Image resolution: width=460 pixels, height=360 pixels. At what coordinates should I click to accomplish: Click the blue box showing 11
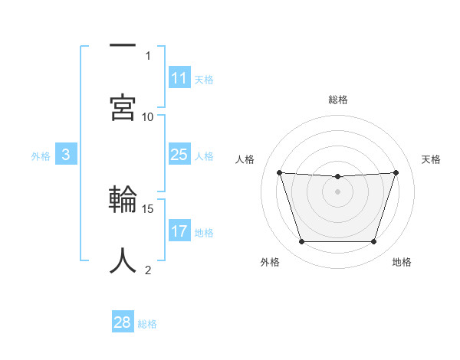click(x=179, y=78)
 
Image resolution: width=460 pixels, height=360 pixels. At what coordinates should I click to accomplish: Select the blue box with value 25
click(x=179, y=155)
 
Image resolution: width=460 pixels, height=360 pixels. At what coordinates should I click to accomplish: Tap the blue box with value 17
click(x=179, y=231)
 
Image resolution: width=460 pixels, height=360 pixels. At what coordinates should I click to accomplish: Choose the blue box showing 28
click(x=123, y=322)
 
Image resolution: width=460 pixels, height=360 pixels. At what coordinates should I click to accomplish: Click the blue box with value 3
click(x=66, y=155)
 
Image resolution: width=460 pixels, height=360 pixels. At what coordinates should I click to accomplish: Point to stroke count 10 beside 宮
click(x=148, y=116)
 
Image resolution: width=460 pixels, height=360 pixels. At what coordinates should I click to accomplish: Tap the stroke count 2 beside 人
click(x=148, y=270)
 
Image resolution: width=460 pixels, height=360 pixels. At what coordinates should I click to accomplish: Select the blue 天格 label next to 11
click(x=204, y=79)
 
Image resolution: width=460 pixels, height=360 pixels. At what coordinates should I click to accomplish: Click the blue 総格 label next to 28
click(x=147, y=324)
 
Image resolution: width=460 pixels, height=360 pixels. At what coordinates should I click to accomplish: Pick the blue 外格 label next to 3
click(x=41, y=156)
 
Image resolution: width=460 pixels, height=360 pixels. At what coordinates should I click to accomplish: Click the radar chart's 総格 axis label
click(x=338, y=100)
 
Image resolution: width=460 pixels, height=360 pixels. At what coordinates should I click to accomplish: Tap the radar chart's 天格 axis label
click(x=432, y=159)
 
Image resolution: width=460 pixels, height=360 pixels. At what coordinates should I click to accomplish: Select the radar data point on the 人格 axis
click(x=279, y=172)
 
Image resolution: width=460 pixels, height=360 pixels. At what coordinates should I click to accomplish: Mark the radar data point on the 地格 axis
click(x=373, y=242)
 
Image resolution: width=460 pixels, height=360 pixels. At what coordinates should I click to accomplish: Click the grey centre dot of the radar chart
click(x=337, y=191)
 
